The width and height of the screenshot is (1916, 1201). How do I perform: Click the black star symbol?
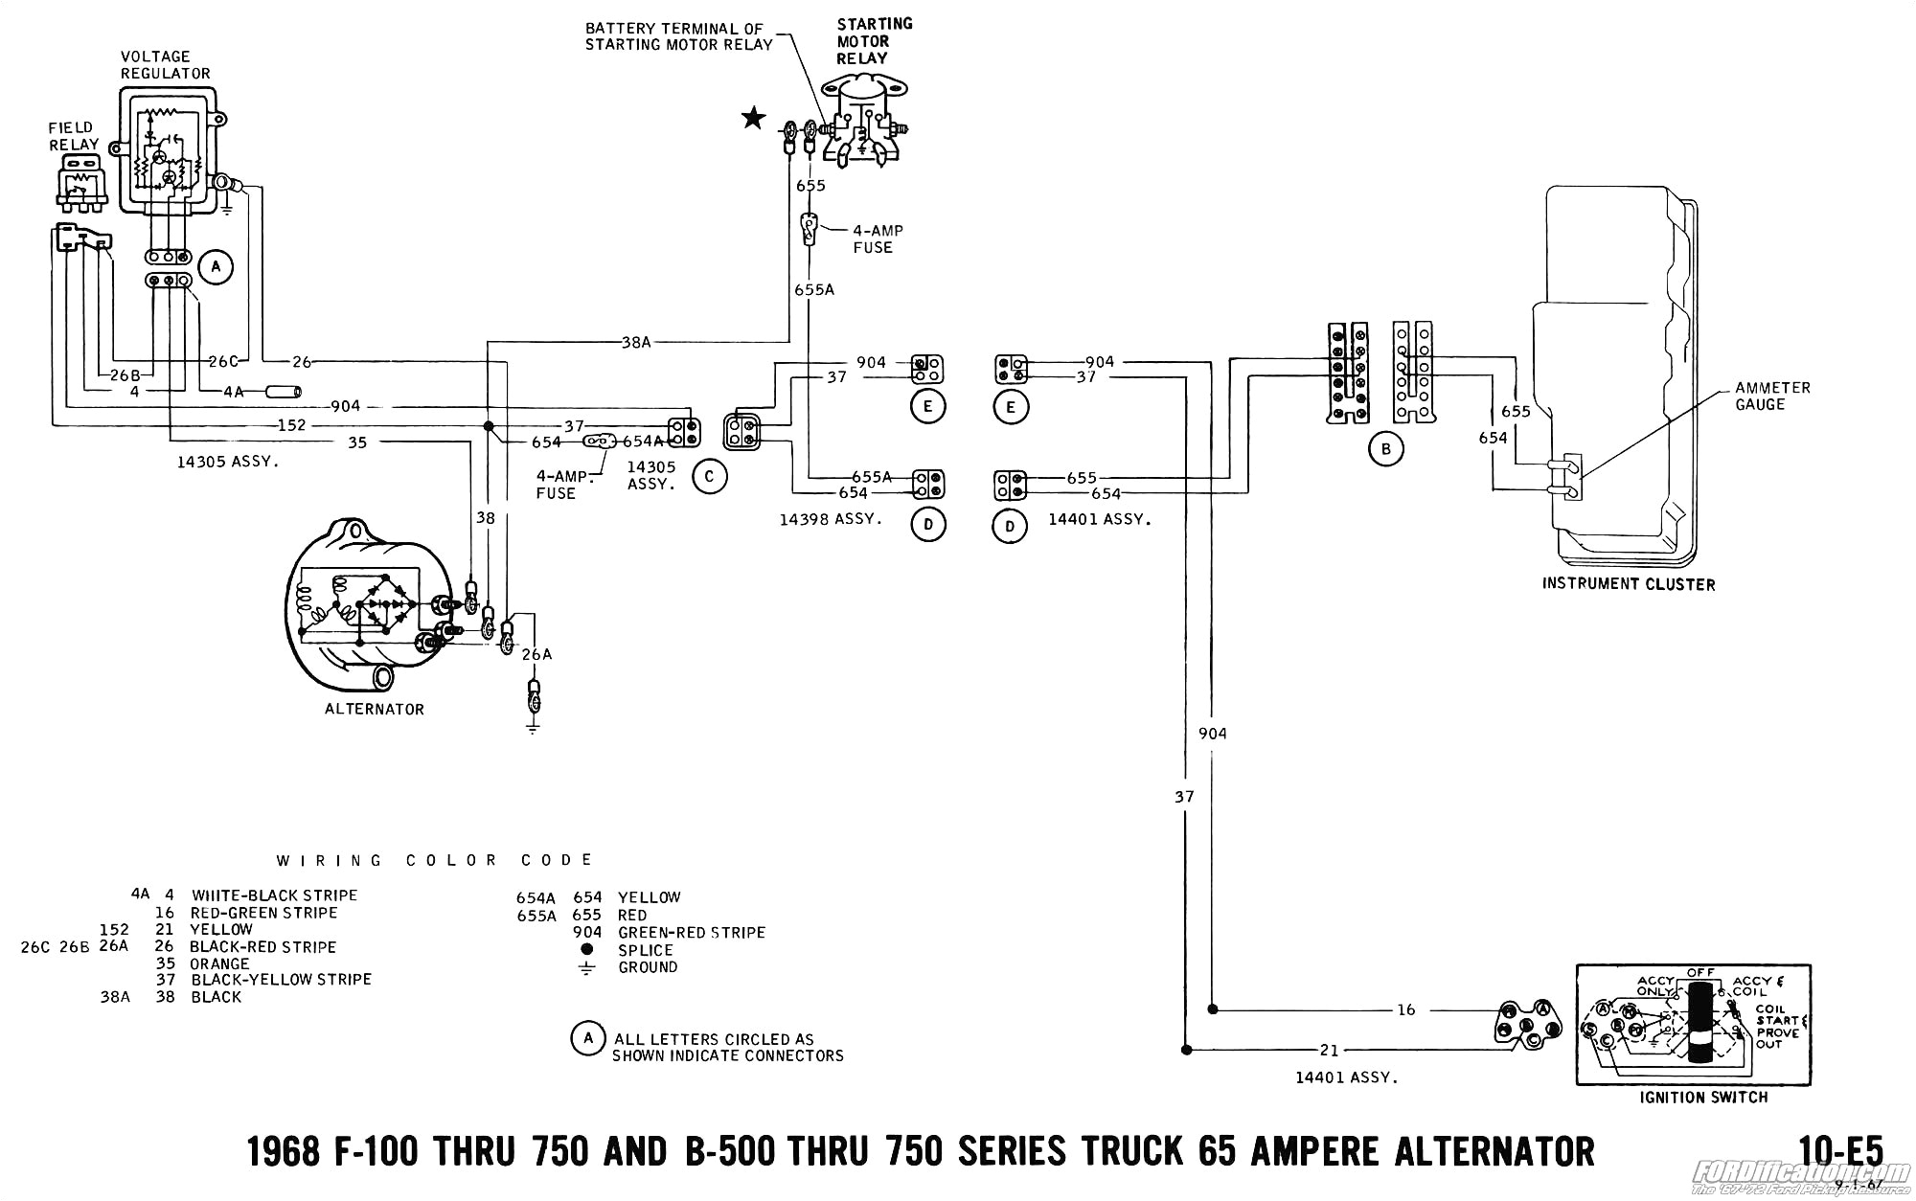click(x=754, y=119)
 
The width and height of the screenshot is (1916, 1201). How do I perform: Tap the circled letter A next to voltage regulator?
click(x=216, y=266)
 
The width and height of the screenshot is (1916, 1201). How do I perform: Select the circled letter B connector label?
click(x=1385, y=449)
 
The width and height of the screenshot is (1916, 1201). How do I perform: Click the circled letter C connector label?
click(x=709, y=476)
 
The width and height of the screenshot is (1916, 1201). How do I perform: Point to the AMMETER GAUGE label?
click(x=1772, y=396)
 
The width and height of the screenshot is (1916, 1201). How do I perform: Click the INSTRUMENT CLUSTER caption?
click(x=1628, y=584)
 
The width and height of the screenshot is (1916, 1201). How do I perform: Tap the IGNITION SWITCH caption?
click(x=1702, y=1098)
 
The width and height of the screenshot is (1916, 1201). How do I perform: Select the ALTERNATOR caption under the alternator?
click(x=374, y=709)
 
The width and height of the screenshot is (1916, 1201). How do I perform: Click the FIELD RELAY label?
click(x=73, y=136)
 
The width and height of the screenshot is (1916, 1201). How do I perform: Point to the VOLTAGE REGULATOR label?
click(x=165, y=64)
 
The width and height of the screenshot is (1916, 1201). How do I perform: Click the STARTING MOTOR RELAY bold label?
click(x=874, y=41)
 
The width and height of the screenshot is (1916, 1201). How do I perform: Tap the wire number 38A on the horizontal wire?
click(x=635, y=342)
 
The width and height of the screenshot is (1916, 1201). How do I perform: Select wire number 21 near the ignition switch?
click(x=1329, y=1051)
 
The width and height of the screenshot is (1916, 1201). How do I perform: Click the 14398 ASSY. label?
click(x=830, y=519)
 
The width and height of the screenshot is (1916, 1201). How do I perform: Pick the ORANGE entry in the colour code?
click(x=219, y=963)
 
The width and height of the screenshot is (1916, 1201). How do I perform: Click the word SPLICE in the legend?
click(x=645, y=950)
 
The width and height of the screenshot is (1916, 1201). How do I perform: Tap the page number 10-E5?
click(x=1840, y=1150)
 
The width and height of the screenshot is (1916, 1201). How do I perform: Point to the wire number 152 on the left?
click(x=291, y=424)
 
